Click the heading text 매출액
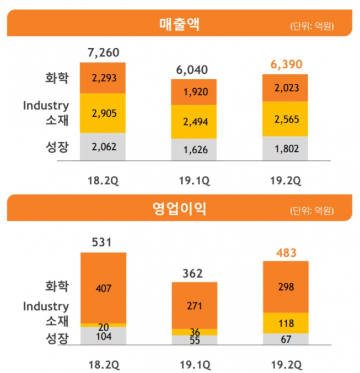[x=179, y=24]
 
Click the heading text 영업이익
[x=179, y=209]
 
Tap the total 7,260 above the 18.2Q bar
[x=103, y=53]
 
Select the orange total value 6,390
[x=286, y=64]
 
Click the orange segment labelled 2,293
[x=103, y=78]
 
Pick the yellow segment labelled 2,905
[x=103, y=113]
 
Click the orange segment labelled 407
[x=103, y=287]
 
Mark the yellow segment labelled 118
[x=286, y=323]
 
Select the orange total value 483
[x=286, y=253]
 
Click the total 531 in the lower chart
[x=103, y=243]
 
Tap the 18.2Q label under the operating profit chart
[x=103, y=364]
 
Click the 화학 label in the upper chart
[x=57, y=78]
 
